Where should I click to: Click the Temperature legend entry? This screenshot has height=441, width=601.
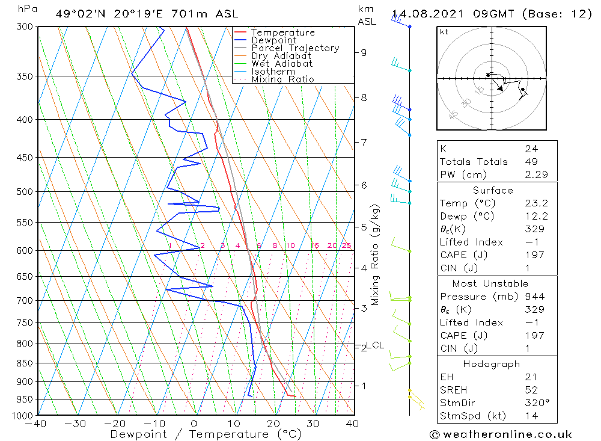pyautogui.click(x=282, y=32)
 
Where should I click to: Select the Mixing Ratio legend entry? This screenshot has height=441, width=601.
pyautogui.click(x=282, y=79)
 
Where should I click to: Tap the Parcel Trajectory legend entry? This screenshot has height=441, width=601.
pyautogui.click(x=295, y=48)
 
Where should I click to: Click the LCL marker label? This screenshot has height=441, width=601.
pyautogui.click(x=376, y=345)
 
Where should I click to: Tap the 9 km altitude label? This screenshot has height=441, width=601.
pyautogui.click(x=364, y=52)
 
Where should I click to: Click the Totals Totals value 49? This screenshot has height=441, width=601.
pyautogui.click(x=531, y=161)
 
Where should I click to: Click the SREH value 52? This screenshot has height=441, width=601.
pyautogui.click(x=531, y=390)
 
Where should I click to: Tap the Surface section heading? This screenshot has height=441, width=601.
pyautogui.click(x=493, y=190)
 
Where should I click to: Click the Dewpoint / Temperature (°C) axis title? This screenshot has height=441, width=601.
pyautogui.click(x=206, y=434)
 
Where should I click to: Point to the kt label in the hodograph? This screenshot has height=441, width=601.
pyautogui.click(x=444, y=32)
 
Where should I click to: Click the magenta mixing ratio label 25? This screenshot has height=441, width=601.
pyautogui.click(x=346, y=245)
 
